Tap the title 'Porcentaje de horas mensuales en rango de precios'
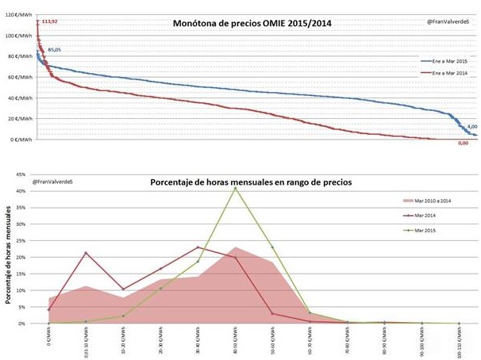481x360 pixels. click(251, 182)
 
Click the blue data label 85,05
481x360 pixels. click(53, 50)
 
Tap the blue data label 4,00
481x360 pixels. click(471, 126)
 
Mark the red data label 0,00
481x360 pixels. click(464, 144)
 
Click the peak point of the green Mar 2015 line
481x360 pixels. click(236, 188)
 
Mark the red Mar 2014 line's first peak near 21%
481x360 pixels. click(86, 253)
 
